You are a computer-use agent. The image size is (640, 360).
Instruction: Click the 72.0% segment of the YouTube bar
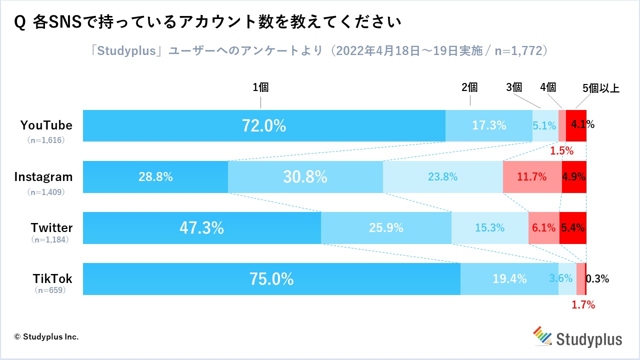coord(264,125)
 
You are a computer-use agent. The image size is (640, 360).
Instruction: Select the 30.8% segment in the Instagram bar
coord(305,176)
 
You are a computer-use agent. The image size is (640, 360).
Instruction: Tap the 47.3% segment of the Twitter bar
coord(201,228)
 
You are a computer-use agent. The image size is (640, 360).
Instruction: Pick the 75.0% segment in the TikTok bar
coord(271,279)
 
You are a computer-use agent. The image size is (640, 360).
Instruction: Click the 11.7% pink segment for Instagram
coord(532,176)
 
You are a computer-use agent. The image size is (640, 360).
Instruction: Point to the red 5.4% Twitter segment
coord(572,228)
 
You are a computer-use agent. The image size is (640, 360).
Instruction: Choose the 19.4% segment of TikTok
coord(509,279)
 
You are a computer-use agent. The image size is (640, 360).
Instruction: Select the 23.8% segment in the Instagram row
coord(442,176)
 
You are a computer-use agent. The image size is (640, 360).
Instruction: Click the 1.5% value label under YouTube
coord(562,150)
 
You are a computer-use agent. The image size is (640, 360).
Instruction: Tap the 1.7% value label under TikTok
coord(583,304)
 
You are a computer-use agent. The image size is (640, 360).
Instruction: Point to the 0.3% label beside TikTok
coord(597,279)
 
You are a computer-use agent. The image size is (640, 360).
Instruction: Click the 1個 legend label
coord(260,87)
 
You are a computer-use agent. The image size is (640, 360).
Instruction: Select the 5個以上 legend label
coord(601,89)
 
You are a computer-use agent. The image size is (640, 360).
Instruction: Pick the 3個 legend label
coord(514,87)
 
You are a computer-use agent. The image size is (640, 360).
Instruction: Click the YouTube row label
coord(46,125)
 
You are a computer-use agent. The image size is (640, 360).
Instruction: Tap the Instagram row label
coord(43,176)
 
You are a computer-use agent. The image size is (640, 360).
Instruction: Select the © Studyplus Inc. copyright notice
coord(46,336)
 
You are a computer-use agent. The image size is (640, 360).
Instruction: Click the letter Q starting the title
coord(21,22)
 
